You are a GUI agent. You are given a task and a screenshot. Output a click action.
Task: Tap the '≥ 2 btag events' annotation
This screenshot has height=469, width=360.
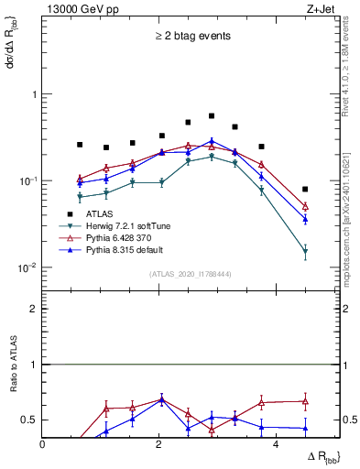click(x=191, y=37)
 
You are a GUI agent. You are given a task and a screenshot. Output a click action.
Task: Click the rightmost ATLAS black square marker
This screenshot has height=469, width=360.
click(x=305, y=189)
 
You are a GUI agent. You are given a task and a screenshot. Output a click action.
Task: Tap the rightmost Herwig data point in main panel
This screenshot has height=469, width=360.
click(x=305, y=251)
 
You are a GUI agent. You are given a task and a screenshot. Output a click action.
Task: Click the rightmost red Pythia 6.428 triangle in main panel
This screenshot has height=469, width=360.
click(x=305, y=206)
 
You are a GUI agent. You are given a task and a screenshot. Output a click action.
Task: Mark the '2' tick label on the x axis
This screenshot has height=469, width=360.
click(x=159, y=445)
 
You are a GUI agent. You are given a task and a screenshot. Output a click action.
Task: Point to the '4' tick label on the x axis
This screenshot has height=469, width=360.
click(x=277, y=445)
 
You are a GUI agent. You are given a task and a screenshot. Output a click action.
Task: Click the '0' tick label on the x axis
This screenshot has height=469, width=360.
click(x=43, y=445)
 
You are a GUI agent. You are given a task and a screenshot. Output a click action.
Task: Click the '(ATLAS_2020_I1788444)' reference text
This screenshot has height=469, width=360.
click(x=191, y=274)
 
